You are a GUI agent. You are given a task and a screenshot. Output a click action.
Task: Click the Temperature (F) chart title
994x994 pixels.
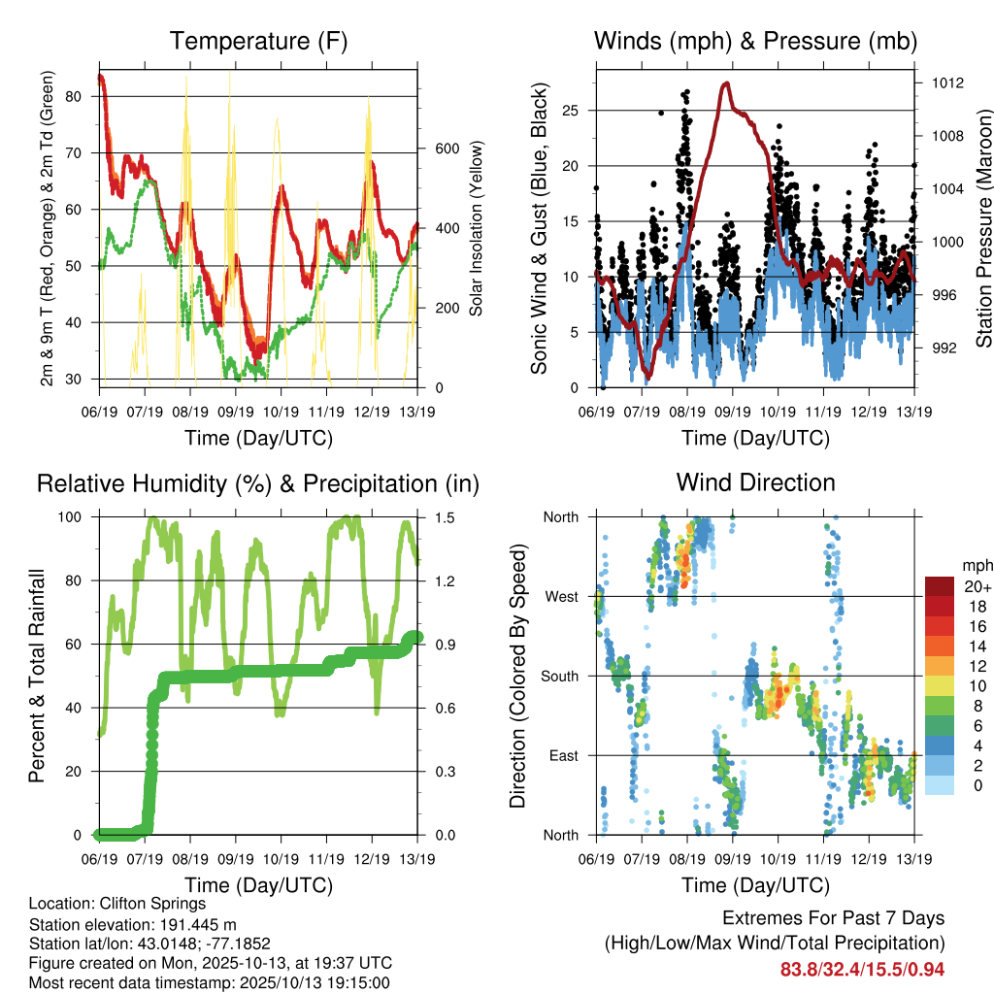(x=258, y=41)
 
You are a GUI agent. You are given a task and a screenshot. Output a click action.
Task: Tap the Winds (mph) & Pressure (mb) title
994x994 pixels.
(x=755, y=41)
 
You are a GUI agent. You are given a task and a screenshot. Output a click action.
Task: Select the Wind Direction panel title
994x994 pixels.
(x=755, y=482)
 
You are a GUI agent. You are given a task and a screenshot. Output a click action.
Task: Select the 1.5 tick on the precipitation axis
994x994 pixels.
(x=434, y=517)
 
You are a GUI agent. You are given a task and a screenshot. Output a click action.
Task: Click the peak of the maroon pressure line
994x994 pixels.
(x=726, y=83)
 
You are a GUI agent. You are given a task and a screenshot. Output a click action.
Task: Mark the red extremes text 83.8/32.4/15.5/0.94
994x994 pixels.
(x=862, y=969)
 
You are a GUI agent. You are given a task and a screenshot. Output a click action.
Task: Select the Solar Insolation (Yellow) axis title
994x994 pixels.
(x=476, y=228)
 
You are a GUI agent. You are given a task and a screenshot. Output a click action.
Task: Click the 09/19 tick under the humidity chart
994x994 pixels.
(x=234, y=859)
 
